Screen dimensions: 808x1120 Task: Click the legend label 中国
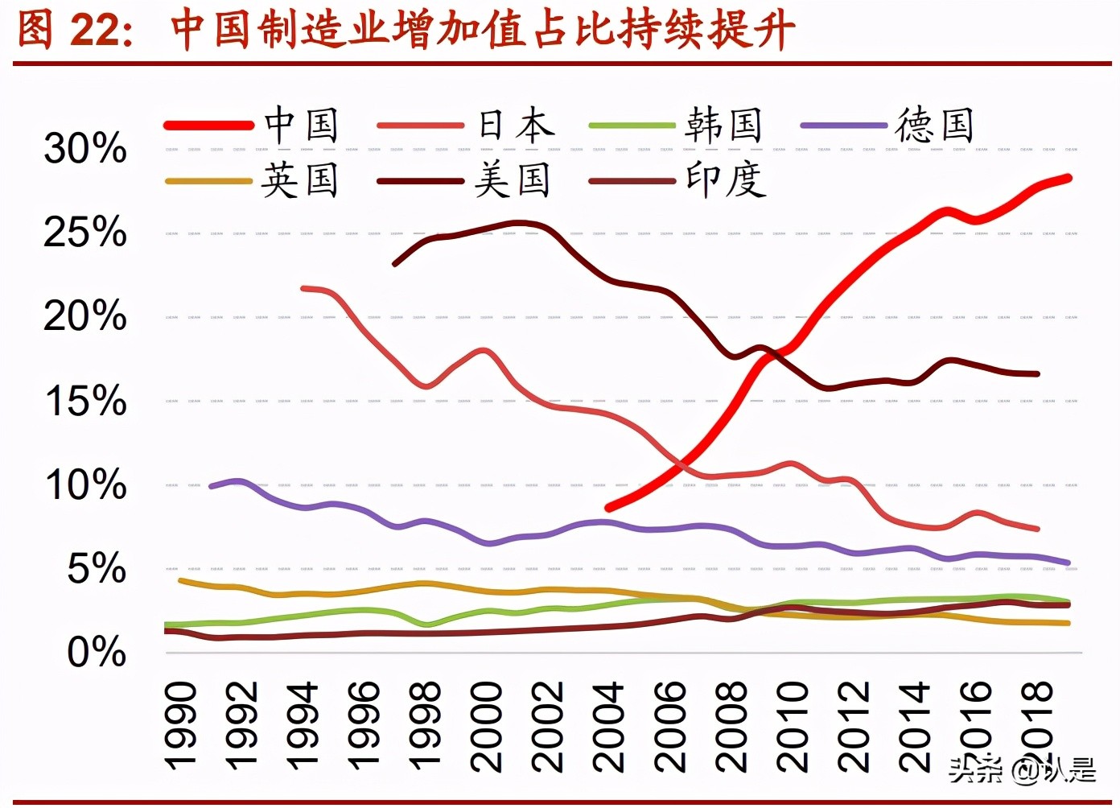[x=302, y=126]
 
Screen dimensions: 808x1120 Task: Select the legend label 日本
[x=516, y=126]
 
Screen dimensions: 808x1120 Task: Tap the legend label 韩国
[x=724, y=126]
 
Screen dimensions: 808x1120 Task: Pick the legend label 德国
[x=935, y=126]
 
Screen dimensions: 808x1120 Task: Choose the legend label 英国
[x=300, y=179]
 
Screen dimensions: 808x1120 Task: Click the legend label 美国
[x=513, y=179]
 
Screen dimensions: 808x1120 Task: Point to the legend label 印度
[x=725, y=179]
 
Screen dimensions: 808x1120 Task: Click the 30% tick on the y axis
[x=85, y=149]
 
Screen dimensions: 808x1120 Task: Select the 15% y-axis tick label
[x=85, y=401]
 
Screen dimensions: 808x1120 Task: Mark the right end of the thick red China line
[x=1068, y=178]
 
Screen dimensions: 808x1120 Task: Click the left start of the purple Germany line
[x=212, y=486]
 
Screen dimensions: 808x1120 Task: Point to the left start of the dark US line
[x=394, y=263]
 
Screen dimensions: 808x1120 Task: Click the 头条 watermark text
[x=975, y=770]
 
